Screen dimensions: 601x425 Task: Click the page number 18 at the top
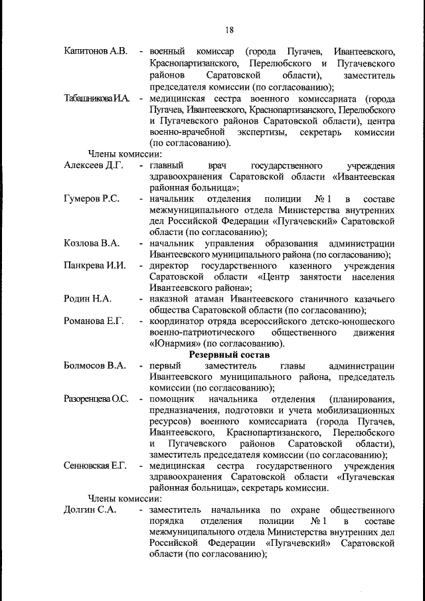[229, 29]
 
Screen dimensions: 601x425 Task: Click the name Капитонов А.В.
[96, 51]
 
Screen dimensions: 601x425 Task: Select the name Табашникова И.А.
[96, 98]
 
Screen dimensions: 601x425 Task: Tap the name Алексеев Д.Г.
[94, 165]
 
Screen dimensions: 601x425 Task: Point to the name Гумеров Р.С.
[92, 199]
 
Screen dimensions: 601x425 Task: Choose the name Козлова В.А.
[92, 243]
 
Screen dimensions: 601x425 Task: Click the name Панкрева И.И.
[95, 266]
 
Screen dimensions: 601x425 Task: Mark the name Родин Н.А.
[87, 299]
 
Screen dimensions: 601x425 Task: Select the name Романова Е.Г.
[94, 321]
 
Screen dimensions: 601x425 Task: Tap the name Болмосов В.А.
[95, 366]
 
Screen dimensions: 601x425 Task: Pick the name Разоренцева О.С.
[96, 399]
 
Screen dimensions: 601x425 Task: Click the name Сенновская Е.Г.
[95, 466]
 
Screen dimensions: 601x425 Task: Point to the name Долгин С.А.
[90, 510]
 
